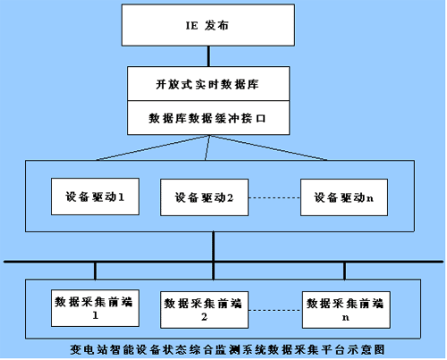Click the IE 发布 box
click(x=208, y=25)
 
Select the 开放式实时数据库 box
click(x=208, y=84)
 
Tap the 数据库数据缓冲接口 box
click(x=208, y=118)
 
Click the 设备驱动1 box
click(x=95, y=197)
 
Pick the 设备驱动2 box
click(x=204, y=197)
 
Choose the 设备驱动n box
click(x=344, y=197)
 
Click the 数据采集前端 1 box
click(x=95, y=308)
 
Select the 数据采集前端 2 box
click(x=204, y=310)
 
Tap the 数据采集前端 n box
click(x=346, y=310)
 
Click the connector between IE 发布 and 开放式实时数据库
click(x=208, y=56)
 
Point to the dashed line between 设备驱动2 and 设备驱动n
click(x=274, y=197)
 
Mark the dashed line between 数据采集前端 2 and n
click(x=275, y=310)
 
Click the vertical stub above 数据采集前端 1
click(x=95, y=271)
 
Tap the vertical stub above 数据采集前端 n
click(x=345, y=271)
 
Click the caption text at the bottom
click(x=227, y=349)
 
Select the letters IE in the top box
click(x=191, y=26)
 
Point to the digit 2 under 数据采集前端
click(x=204, y=317)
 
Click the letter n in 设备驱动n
click(x=369, y=198)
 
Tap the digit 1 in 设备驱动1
click(x=122, y=197)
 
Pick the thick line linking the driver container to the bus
click(x=214, y=247)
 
